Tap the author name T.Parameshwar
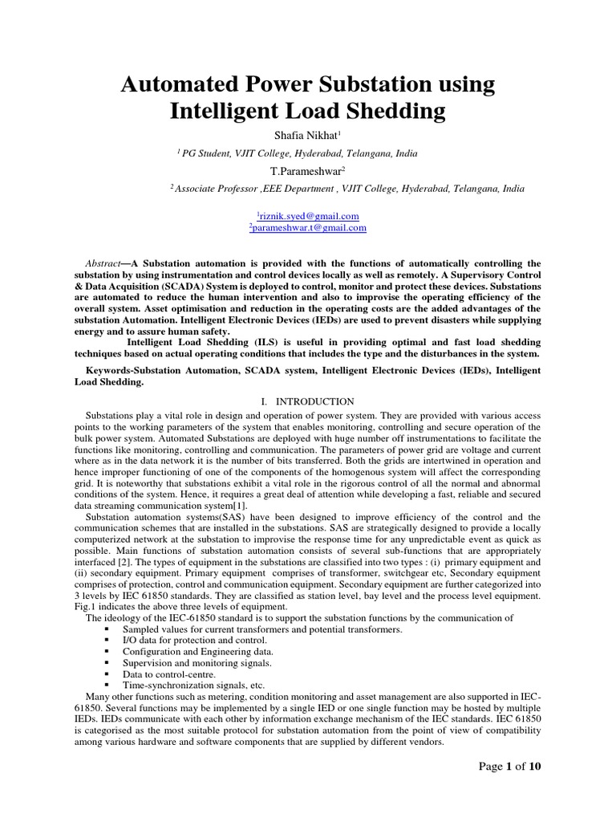point(308,171)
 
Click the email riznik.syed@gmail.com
point(308,216)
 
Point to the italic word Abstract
point(103,263)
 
